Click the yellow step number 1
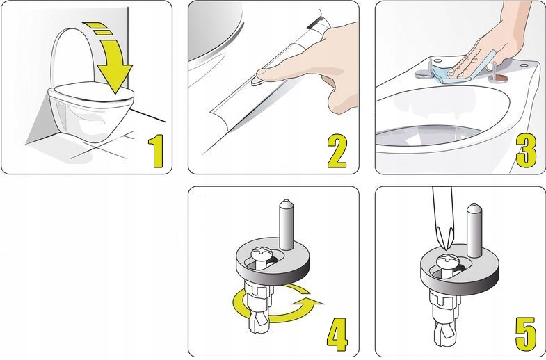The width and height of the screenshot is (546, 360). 156,152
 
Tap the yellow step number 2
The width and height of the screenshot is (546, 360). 337,152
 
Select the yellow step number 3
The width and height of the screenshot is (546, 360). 526,151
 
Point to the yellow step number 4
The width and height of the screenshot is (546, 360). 337,334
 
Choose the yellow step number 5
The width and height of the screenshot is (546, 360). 525,334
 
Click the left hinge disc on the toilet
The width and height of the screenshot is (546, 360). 424,74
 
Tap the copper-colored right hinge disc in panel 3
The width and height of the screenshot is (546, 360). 497,78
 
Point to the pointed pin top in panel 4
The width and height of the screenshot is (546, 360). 287,204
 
